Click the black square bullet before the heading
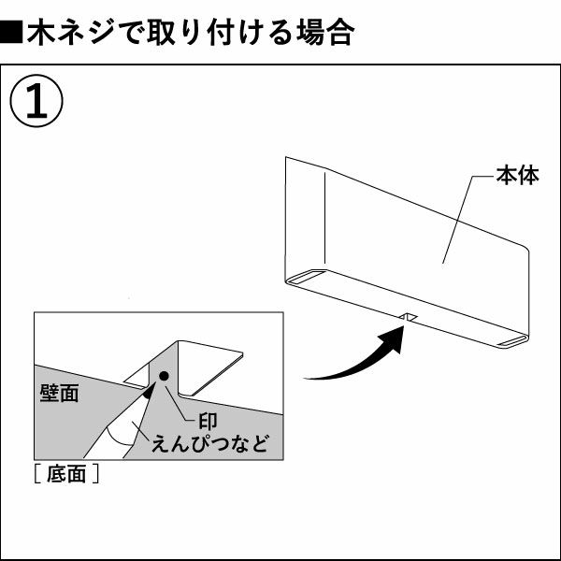coord(12,36)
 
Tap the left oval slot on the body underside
coord(306,278)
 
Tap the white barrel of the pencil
coord(120,434)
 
